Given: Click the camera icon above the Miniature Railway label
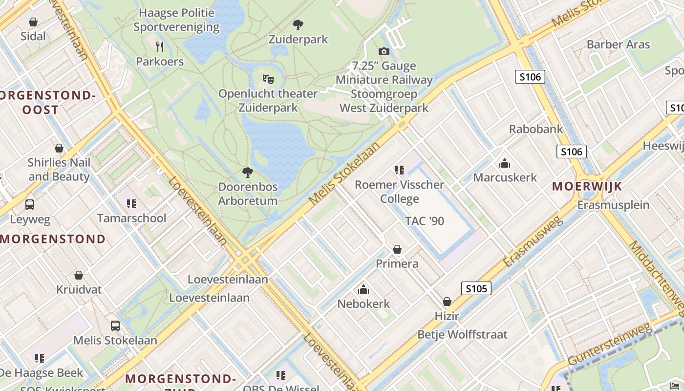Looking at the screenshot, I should click(384, 51).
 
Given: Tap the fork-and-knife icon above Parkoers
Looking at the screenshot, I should click(160, 47).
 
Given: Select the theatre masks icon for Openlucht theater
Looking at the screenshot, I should click(268, 79).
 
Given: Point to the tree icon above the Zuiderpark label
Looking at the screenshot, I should click(298, 25).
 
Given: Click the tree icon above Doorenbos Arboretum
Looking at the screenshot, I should click(248, 172).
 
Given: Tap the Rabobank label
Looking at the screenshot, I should click(536, 129).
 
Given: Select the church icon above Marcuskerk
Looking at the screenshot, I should click(505, 163).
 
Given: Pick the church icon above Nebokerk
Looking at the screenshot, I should click(363, 289).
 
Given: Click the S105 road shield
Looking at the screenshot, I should click(476, 288).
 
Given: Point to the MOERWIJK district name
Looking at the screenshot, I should click(587, 186).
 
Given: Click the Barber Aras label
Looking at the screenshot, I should click(618, 44).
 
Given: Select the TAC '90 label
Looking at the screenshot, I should click(425, 221).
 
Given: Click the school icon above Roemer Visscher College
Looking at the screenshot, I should click(400, 170).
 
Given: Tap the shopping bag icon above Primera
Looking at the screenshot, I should click(397, 249).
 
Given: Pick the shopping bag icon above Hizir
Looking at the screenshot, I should click(447, 302).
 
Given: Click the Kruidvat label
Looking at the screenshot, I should click(79, 289).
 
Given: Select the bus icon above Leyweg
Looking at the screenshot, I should click(30, 205).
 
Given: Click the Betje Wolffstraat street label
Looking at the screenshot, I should click(462, 335).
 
